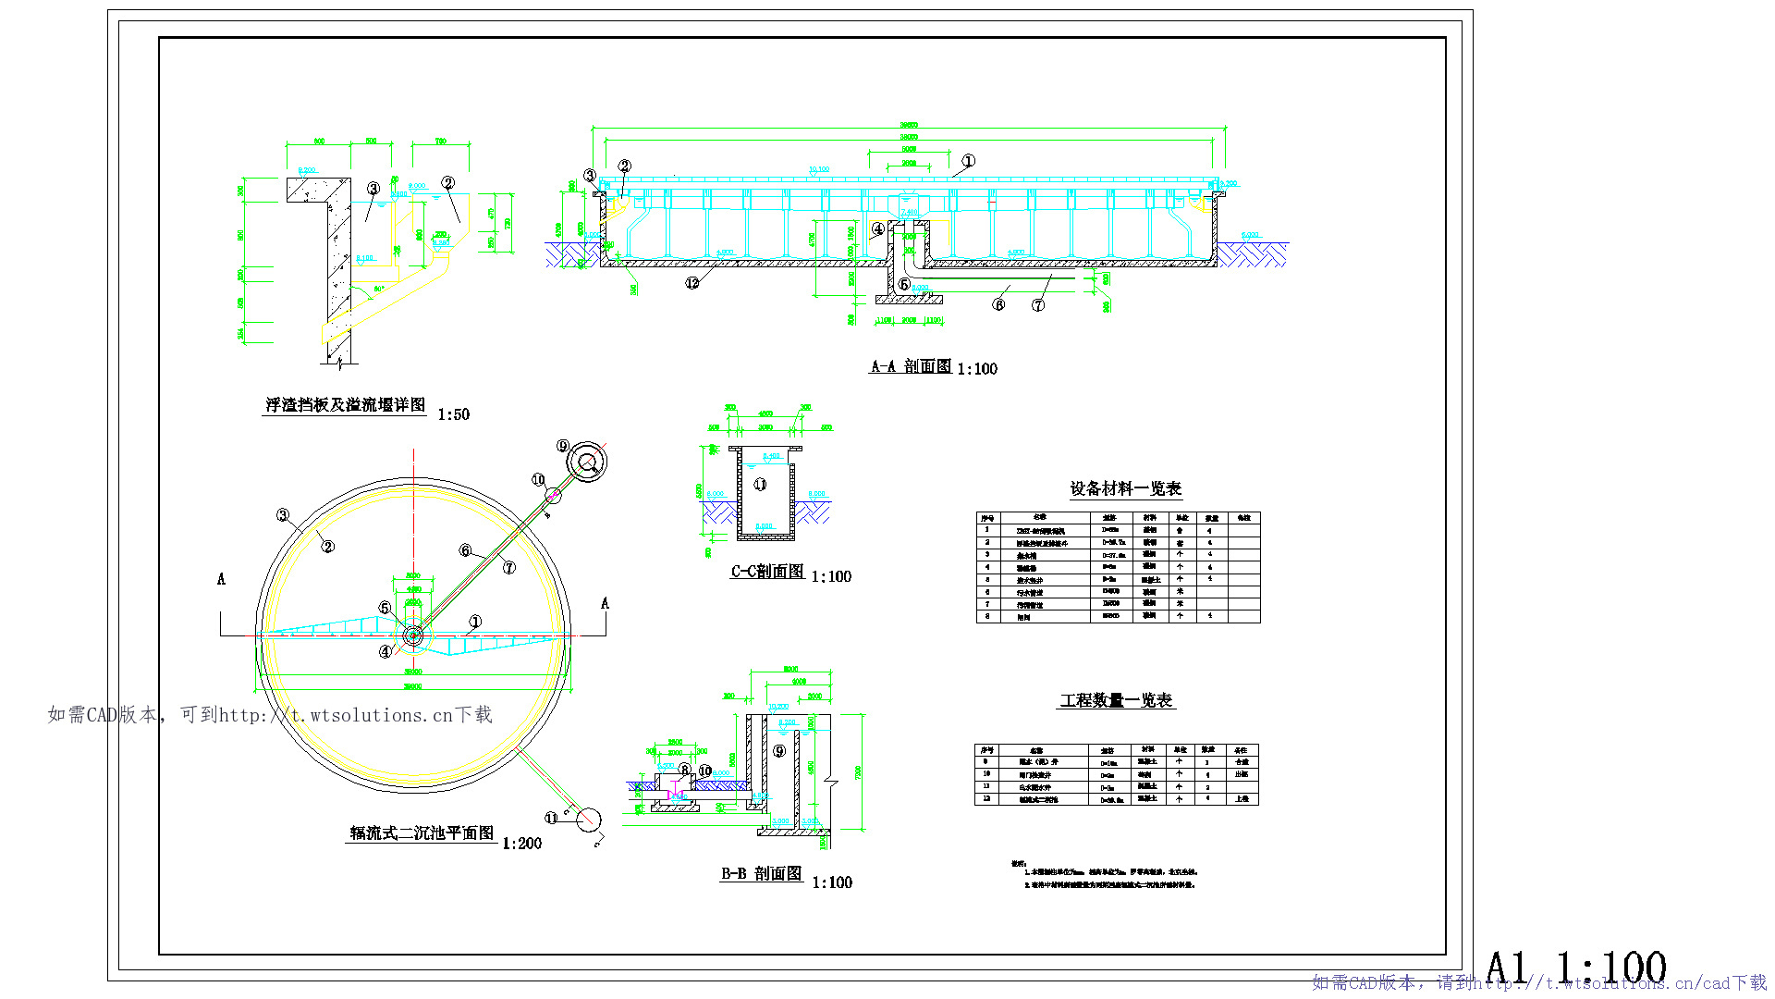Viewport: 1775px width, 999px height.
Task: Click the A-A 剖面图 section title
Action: point(911,366)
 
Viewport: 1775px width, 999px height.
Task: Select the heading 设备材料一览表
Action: point(1125,488)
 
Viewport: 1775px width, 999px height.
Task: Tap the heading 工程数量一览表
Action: point(1116,700)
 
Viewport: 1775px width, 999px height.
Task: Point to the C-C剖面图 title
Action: point(767,572)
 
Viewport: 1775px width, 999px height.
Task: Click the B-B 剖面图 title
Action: point(761,873)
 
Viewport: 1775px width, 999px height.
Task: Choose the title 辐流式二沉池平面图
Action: point(422,833)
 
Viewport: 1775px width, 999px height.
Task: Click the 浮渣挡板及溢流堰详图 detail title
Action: point(345,405)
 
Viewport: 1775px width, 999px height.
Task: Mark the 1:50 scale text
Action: point(453,414)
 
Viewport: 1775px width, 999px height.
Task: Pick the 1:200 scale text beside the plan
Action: point(521,844)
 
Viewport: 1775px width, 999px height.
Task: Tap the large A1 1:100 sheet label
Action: point(1575,968)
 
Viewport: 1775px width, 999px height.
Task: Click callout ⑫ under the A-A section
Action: point(692,283)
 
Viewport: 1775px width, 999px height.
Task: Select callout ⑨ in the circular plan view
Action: point(563,446)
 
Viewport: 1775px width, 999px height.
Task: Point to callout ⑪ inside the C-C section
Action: point(760,484)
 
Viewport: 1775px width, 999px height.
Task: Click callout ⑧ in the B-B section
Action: point(684,770)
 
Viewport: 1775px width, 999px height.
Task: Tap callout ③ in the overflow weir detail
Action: point(373,189)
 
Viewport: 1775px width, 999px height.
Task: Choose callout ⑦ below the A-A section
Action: point(1038,305)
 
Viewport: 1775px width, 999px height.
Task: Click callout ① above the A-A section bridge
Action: point(968,161)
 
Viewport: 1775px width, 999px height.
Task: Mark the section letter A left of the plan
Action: point(221,579)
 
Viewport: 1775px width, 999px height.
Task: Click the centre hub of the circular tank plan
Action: point(413,635)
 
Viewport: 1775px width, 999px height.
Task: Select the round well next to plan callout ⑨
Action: point(586,461)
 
